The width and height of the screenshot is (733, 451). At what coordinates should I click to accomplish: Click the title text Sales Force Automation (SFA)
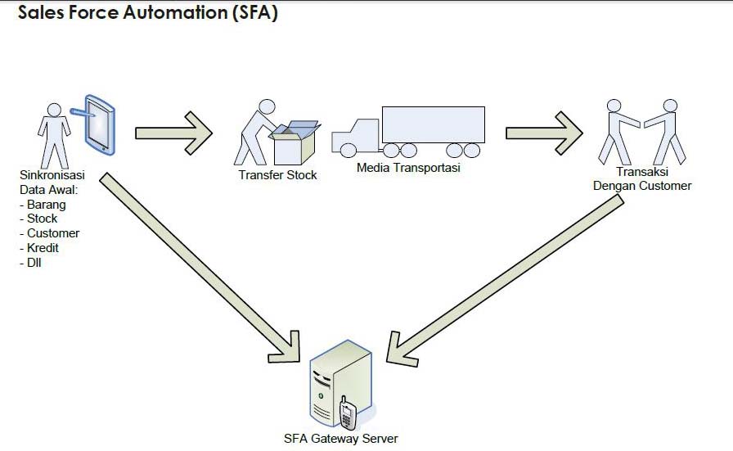pos(148,14)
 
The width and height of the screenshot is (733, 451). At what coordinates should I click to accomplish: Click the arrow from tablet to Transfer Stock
pos(173,133)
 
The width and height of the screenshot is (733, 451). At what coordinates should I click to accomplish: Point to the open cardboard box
pos(295,144)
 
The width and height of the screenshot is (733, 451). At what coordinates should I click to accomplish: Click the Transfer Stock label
pos(277,174)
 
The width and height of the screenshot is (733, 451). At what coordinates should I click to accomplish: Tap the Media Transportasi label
pos(408,168)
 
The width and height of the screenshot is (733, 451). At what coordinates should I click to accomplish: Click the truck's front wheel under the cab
pos(349,150)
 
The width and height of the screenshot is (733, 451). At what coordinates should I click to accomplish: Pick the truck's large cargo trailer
pos(433,124)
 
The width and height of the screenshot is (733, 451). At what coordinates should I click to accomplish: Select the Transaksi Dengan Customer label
pos(642,179)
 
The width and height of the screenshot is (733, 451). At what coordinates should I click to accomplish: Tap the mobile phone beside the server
pos(348,414)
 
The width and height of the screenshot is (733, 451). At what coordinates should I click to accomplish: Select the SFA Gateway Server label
pos(340,438)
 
